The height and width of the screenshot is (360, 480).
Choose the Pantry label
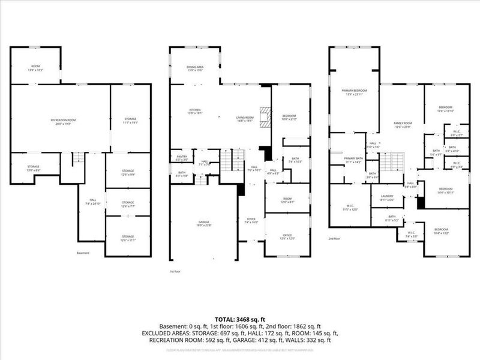coord(182,158)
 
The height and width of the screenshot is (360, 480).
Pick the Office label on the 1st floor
coord(287,236)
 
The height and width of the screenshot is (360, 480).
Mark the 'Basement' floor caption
coord(83,253)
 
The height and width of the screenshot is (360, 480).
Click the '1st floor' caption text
coord(176,271)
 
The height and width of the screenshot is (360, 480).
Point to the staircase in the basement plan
coord(76,160)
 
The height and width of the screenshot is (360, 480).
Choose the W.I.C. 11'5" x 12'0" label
coord(349,208)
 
